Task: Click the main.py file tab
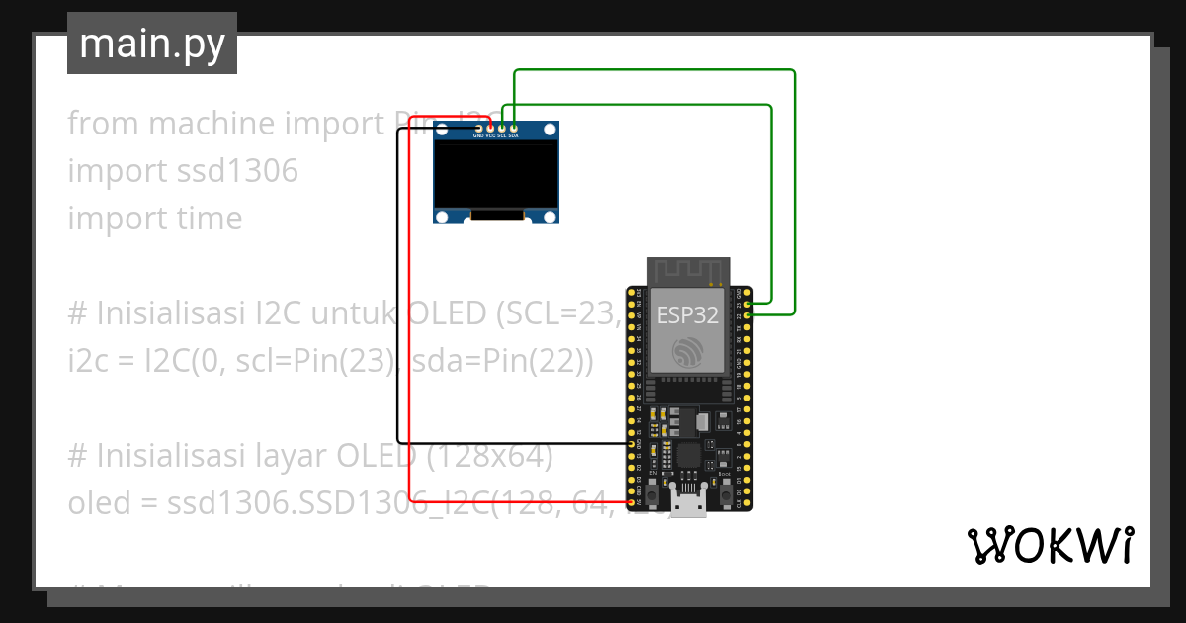pyautogui.click(x=151, y=44)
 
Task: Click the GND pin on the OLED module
pyautogui.click(x=479, y=128)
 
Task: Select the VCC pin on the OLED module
pyautogui.click(x=490, y=128)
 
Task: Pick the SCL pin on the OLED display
pyautogui.click(x=502, y=128)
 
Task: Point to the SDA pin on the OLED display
pyautogui.click(x=513, y=128)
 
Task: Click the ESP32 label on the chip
pyautogui.click(x=688, y=315)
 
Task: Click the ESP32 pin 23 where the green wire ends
pyautogui.click(x=749, y=304)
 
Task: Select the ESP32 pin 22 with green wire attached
pyautogui.click(x=749, y=314)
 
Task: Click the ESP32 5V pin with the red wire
pyautogui.click(x=630, y=502)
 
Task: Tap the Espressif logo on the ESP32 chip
pyautogui.click(x=688, y=353)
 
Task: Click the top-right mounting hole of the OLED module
pyautogui.click(x=550, y=131)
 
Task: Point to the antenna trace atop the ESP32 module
pyautogui.click(x=688, y=270)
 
